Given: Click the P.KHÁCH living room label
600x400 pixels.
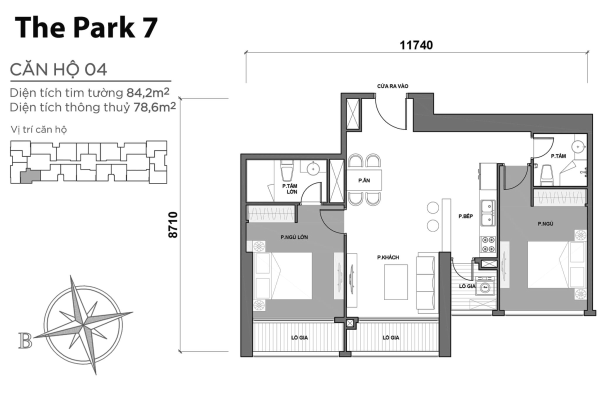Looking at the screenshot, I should click(x=387, y=257).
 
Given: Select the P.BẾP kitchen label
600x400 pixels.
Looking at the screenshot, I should click(x=466, y=217).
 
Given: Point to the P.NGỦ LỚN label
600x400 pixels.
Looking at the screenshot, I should click(x=293, y=237).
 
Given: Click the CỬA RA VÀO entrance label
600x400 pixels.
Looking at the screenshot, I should click(x=393, y=86).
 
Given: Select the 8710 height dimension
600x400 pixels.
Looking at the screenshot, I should click(x=173, y=224).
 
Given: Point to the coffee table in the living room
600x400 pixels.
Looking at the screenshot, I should click(x=395, y=282).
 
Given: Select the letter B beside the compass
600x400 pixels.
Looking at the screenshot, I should click(x=24, y=341).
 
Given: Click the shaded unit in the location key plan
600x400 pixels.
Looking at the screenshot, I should click(x=29, y=176).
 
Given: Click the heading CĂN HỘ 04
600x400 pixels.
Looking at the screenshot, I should click(x=58, y=69).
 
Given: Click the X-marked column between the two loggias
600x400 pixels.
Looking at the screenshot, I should click(x=349, y=323).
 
